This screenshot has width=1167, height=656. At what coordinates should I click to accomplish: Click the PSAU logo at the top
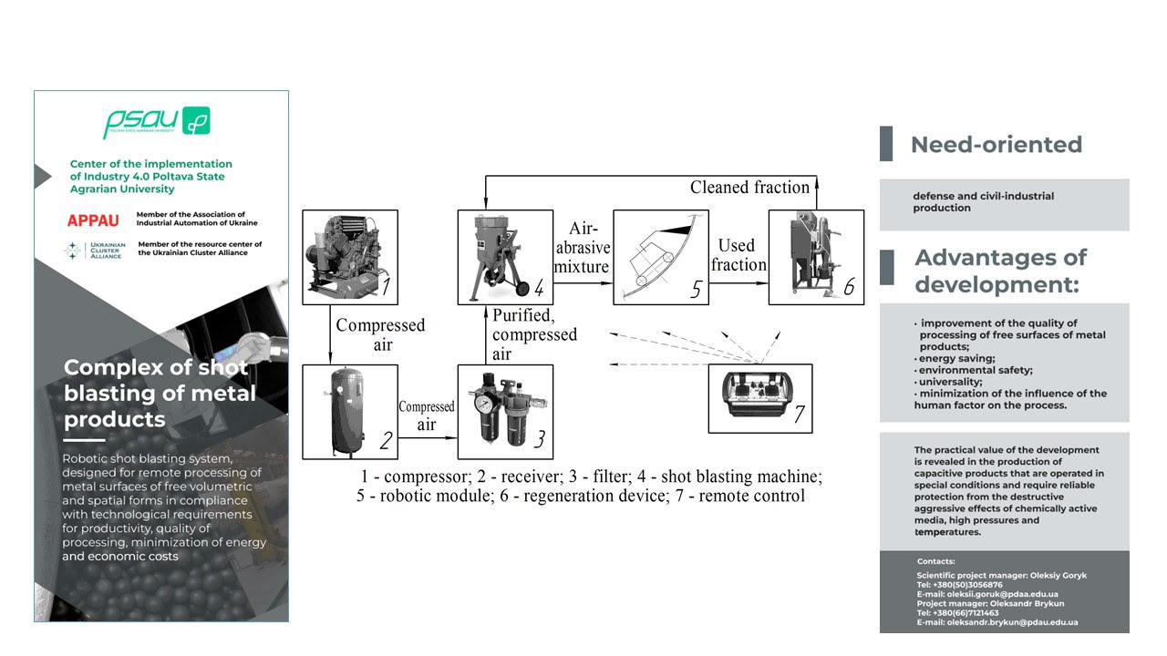click(x=156, y=122)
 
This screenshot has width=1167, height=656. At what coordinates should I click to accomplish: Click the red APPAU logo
click(x=93, y=221)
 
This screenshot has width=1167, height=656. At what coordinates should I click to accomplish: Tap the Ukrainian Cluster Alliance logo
click(x=89, y=250)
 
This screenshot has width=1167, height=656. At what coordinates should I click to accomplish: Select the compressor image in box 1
click(x=349, y=256)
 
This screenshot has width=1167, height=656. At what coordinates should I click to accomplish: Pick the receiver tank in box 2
click(x=349, y=411)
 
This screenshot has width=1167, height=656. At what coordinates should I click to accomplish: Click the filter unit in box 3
click(x=504, y=411)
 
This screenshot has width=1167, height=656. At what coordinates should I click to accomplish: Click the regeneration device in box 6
click(x=815, y=256)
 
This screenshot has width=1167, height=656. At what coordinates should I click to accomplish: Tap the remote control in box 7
click(x=759, y=398)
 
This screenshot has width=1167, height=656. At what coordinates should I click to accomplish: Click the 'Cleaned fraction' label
click(x=749, y=188)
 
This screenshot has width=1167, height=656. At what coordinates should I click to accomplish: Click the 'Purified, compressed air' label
click(x=534, y=334)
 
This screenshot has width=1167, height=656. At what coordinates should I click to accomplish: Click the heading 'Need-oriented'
click(x=996, y=145)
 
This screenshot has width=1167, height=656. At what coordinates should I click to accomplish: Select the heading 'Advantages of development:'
click(x=1000, y=271)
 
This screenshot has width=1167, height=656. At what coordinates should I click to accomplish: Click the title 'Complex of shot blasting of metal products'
click(x=160, y=394)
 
